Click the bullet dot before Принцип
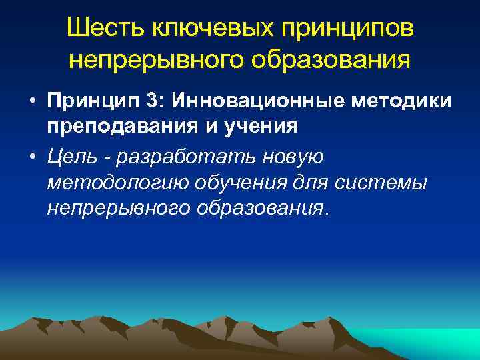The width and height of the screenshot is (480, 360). click(32, 101)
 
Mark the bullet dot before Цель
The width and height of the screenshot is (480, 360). click(32, 158)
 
